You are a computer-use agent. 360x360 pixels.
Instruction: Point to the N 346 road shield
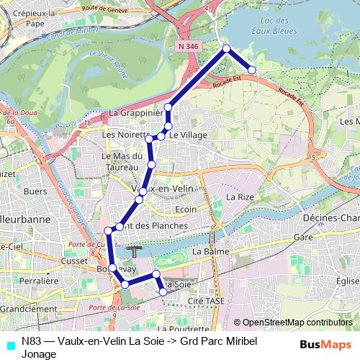pyautogui.click(x=189, y=45)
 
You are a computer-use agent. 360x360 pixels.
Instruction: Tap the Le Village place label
pyautogui.click(x=189, y=135)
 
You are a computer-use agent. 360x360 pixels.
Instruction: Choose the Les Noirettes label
pyautogui.click(x=124, y=134)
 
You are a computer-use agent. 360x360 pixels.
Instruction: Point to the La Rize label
pyautogui.click(x=240, y=196)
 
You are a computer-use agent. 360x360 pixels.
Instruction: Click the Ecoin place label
pyautogui.click(x=186, y=210)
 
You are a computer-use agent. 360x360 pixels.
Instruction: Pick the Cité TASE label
pyautogui.click(x=202, y=300)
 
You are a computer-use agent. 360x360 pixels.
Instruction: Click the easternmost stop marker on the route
pyautogui.click(x=253, y=70)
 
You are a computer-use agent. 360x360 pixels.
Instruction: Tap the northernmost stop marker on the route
pyautogui.click(x=226, y=48)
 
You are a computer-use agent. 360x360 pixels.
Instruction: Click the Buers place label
pyautogui.click(x=35, y=192)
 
